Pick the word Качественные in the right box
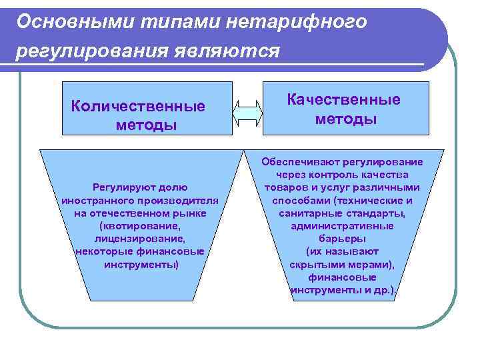coord(343,100)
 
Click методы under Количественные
coord(146,125)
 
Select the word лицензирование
coord(139,239)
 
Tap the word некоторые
coord(103,251)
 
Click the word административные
coord(343,226)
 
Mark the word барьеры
coord(342,239)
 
